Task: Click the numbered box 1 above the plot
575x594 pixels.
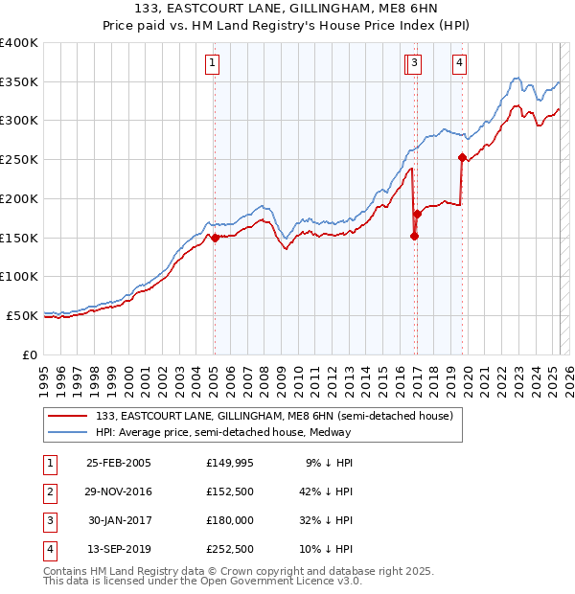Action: coord(211,64)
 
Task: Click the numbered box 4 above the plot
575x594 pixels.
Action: coord(460,64)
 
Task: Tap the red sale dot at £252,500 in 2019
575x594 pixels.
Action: coord(462,157)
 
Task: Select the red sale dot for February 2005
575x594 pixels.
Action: coord(215,238)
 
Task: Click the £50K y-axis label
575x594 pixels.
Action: coord(23,315)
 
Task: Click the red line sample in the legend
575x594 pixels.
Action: coord(67,416)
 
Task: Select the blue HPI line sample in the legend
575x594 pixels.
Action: coord(67,432)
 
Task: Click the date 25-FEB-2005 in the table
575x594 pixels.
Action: coord(118,463)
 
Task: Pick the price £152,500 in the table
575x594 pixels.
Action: coord(229,491)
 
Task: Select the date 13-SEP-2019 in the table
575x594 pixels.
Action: coord(118,549)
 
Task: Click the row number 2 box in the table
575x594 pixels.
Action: coord(49,491)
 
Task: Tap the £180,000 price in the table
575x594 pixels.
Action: coord(229,520)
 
